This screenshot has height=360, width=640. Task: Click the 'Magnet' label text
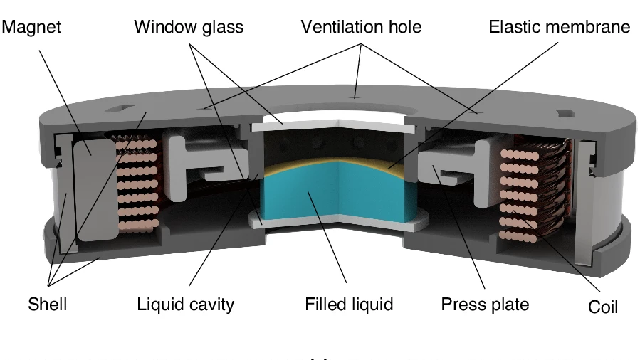[31, 28]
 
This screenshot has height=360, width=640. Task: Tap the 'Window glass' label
[189, 28]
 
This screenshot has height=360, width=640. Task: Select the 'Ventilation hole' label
[361, 28]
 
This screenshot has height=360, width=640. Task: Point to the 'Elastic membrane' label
[560, 28]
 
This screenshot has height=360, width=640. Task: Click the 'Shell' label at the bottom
[47, 305]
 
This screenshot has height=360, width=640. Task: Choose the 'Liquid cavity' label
[186, 305]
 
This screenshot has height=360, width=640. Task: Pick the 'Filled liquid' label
[349, 305]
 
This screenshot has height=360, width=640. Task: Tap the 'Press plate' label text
[485, 305]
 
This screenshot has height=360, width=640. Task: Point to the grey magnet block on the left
[92, 189]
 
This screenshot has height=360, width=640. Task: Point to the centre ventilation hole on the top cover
[355, 93]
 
